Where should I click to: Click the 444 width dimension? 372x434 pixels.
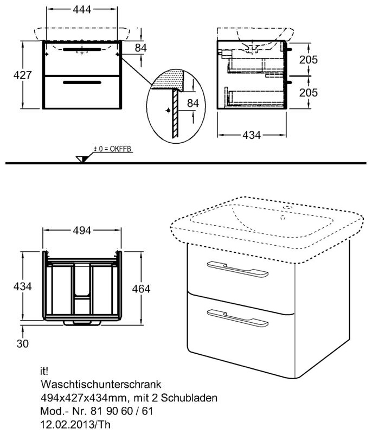pyautogui.click(x=82, y=9)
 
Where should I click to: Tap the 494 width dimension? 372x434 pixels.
pyautogui.click(x=81, y=229)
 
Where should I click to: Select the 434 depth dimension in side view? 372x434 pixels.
pyautogui.click(x=252, y=135)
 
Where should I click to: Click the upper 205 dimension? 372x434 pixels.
pyautogui.click(x=308, y=60)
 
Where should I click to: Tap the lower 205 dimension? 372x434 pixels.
pyautogui.click(x=308, y=92)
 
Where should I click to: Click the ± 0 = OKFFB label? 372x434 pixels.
pyautogui.click(x=113, y=148)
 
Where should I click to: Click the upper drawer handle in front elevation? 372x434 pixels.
pyautogui.click(x=81, y=49)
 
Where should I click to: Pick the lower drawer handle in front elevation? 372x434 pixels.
pyautogui.click(x=81, y=82)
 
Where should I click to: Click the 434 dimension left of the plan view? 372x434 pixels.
pyautogui.click(x=15, y=286)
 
